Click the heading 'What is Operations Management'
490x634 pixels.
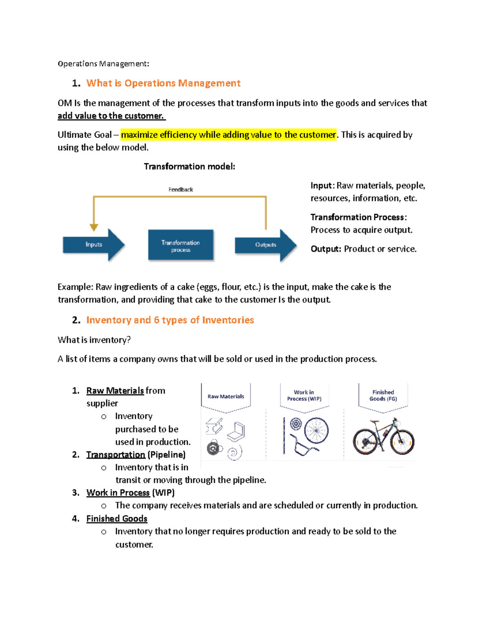tap(163, 83)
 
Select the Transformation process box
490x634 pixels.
tap(180, 245)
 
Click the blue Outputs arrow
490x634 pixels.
tap(266, 245)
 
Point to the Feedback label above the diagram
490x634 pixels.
tap(180, 189)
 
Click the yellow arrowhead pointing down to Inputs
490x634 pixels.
tap(94, 227)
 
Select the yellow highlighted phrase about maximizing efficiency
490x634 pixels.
tap(228, 135)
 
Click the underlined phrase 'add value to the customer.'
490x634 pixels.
tap(111, 116)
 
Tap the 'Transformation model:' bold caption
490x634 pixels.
tap(189, 167)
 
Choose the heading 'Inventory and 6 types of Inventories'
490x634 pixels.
tap(170, 320)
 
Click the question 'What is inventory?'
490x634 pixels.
tap(94, 340)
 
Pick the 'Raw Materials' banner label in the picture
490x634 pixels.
tap(226, 396)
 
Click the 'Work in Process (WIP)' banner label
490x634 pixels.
tap(304, 396)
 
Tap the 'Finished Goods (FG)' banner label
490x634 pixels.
tap(383, 396)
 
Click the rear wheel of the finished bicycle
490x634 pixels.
tap(364, 441)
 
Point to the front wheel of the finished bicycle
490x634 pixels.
tap(402, 441)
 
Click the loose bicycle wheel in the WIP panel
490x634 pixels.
tap(316, 430)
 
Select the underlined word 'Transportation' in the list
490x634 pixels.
tap(116, 455)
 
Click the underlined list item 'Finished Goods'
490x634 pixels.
tap(117, 518)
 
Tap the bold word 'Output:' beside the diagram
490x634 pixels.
tap(326, 249)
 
